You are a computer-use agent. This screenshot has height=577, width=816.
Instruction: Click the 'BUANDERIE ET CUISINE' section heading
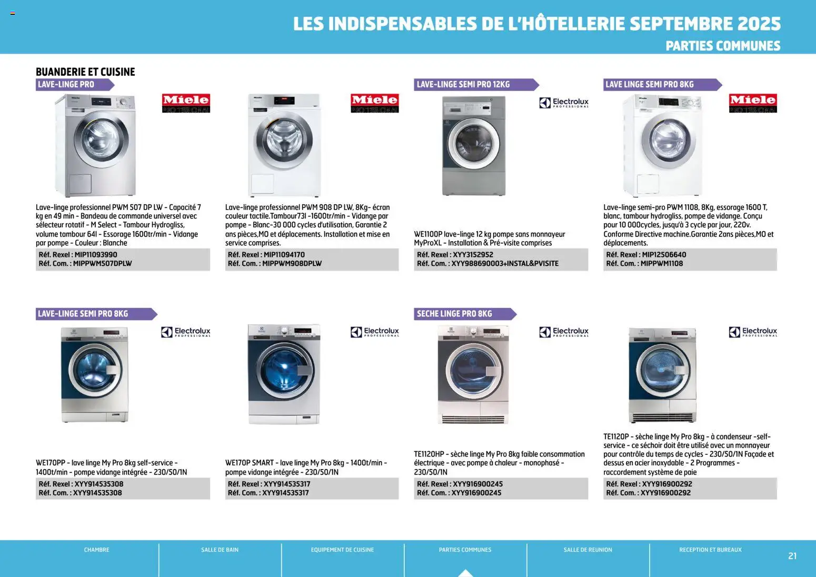click(85, 72)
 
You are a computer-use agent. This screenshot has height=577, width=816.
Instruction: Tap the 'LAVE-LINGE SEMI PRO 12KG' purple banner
click(463, 84)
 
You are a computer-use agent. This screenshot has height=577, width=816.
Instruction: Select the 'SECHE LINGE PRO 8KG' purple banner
click(454, 314)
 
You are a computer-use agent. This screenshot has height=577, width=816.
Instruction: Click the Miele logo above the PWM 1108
click(753, 103)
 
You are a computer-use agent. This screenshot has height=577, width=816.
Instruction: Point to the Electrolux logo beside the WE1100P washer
click(564, 103)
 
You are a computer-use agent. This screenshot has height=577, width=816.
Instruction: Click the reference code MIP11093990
click(96, 255)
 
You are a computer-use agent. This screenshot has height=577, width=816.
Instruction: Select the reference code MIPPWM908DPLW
click(292, 264)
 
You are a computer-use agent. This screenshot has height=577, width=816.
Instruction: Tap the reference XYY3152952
click(473, 255)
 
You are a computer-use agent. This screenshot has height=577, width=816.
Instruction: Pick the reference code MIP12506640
click(664, 255)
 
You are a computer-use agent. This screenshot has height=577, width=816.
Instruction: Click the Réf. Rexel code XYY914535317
click(287, 484)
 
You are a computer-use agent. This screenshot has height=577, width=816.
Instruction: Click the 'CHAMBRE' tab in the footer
click(97, 550)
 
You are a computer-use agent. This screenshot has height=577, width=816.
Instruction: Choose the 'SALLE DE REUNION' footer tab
click(588, 550)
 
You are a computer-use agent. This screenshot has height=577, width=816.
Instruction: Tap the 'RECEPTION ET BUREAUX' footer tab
click(710, 550)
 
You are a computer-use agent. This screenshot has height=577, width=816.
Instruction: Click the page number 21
click(792, 556)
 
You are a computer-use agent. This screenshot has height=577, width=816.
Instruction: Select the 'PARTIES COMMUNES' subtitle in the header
click(723, 46)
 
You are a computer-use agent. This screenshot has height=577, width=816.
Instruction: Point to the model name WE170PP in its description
click(51, 463)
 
